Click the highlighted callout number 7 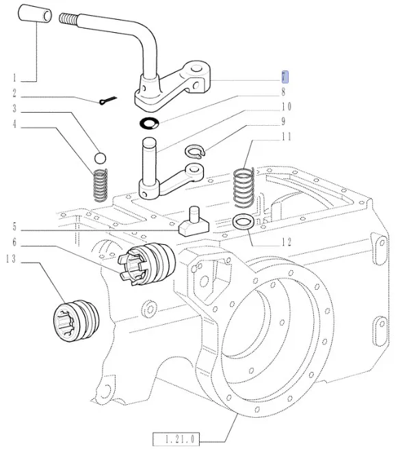[285, 77]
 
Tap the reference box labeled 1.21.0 [176, 439]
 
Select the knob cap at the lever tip [35, 13]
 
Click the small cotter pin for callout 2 [107, 101]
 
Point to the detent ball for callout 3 [100, 158]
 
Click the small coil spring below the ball [101, 185]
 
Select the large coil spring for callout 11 [243, 187]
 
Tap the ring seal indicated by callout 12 [243, 222]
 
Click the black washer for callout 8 [149, 123]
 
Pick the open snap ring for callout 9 [195, 152]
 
